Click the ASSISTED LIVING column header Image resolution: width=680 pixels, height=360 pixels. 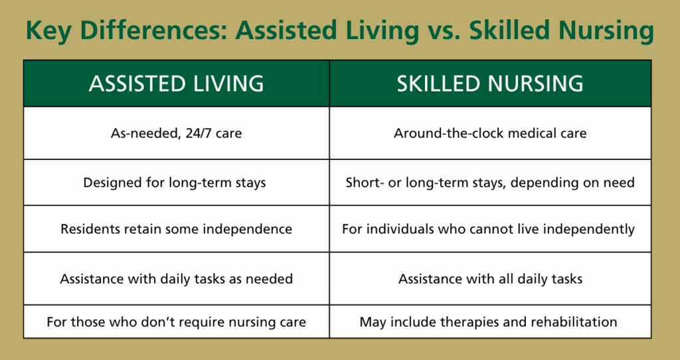coord(176,84)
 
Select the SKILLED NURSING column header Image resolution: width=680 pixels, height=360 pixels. coord(490,84)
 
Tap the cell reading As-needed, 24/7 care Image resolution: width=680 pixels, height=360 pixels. coord(176,134)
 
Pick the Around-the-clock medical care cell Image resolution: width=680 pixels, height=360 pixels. coord(490,134)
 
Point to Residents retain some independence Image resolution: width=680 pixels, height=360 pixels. coord(176,229)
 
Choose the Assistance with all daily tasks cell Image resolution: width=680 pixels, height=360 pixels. coord(490,279)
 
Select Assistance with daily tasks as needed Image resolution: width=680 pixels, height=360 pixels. coord(176,279)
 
